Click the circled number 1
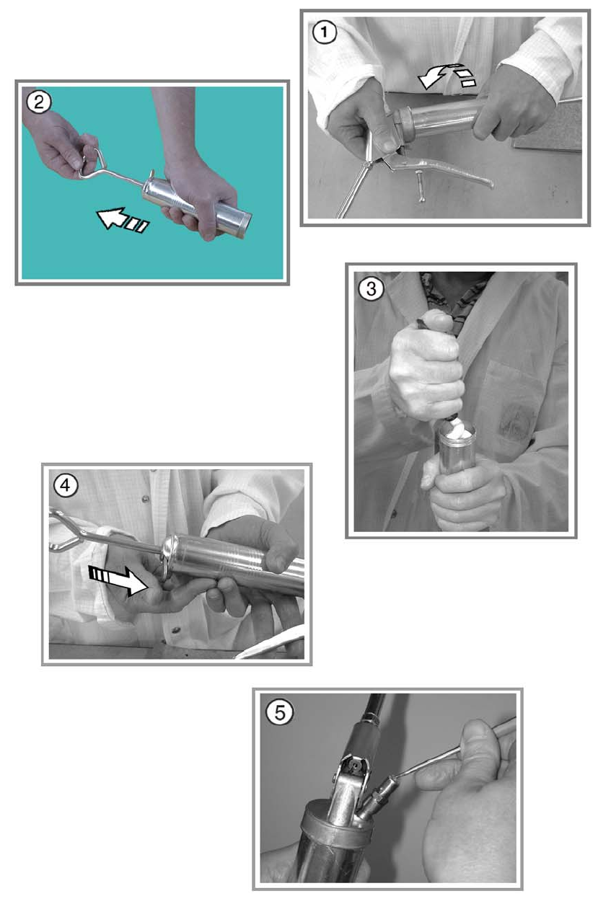[324, 33]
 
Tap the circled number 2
[39, 102]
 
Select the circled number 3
[371, 289]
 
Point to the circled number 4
[66, 485]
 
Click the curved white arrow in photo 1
[447, 76]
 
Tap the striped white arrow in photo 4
[118, 580]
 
